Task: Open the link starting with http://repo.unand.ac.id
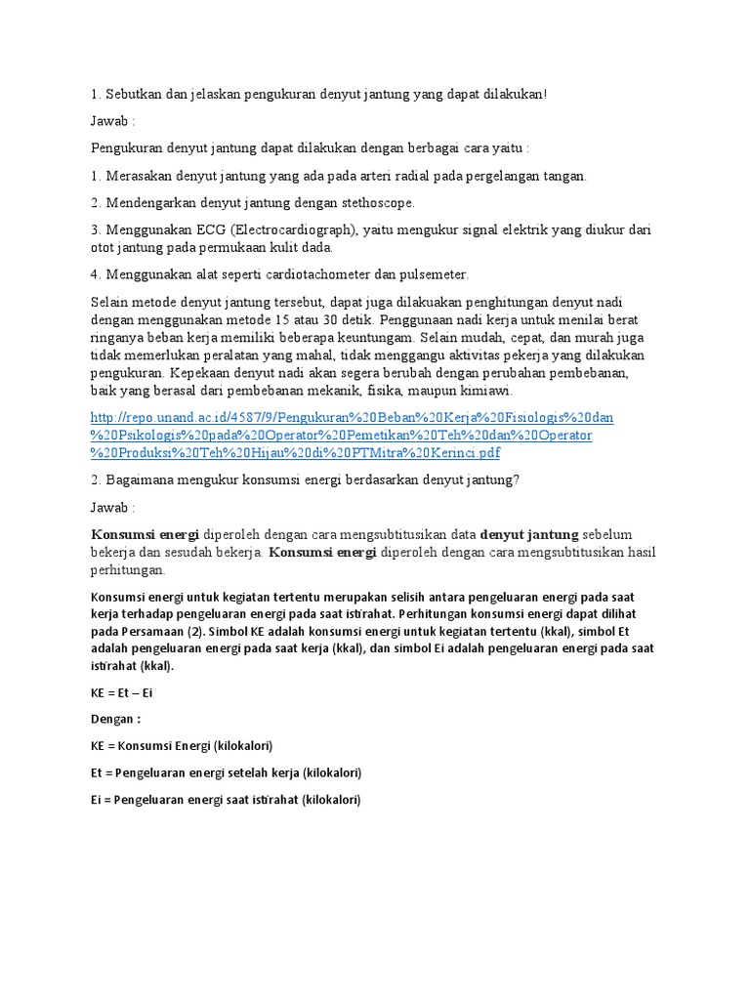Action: pyautogui.click(x=352, y=417)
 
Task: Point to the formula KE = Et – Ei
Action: pyautogui.click(x=121, y=692)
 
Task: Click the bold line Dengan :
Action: pyautogui.click(x=115, y=719)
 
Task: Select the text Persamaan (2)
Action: pyautogui.click(x=139, y=631)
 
